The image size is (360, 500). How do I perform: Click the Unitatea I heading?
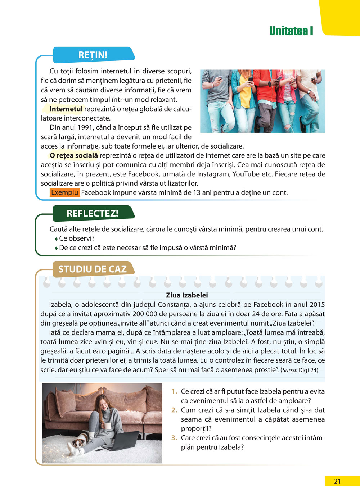pyautogui.click(x=291, y=31)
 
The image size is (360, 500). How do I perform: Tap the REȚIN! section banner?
pyautogui.click(x=93, y=55)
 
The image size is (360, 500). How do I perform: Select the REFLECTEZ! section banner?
pyautogui.click(x=93, y=213)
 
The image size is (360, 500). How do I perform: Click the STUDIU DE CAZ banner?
pyautogui.click(x=93, y=269)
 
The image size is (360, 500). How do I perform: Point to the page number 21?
pyautogui.click(x=337, y=481)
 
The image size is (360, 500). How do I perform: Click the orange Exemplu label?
pyautogui.click(x=64, y=192)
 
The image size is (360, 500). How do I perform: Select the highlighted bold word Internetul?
pyautogui.click(x=66, y=109)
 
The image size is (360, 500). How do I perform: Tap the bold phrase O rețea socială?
pyautogui.click(x=74, y=155)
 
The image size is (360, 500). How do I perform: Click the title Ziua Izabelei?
pyautogui.click(x=187, y=295)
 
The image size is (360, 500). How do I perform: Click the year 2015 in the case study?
pyautogui.click(x=317, y=304)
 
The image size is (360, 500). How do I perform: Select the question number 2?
pyautogui.click(x=175, y=410)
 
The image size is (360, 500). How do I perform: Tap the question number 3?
pyautogui.click(x=175, y=438)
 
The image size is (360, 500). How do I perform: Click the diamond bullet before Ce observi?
pyautogui.click(x=56, y=239)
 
